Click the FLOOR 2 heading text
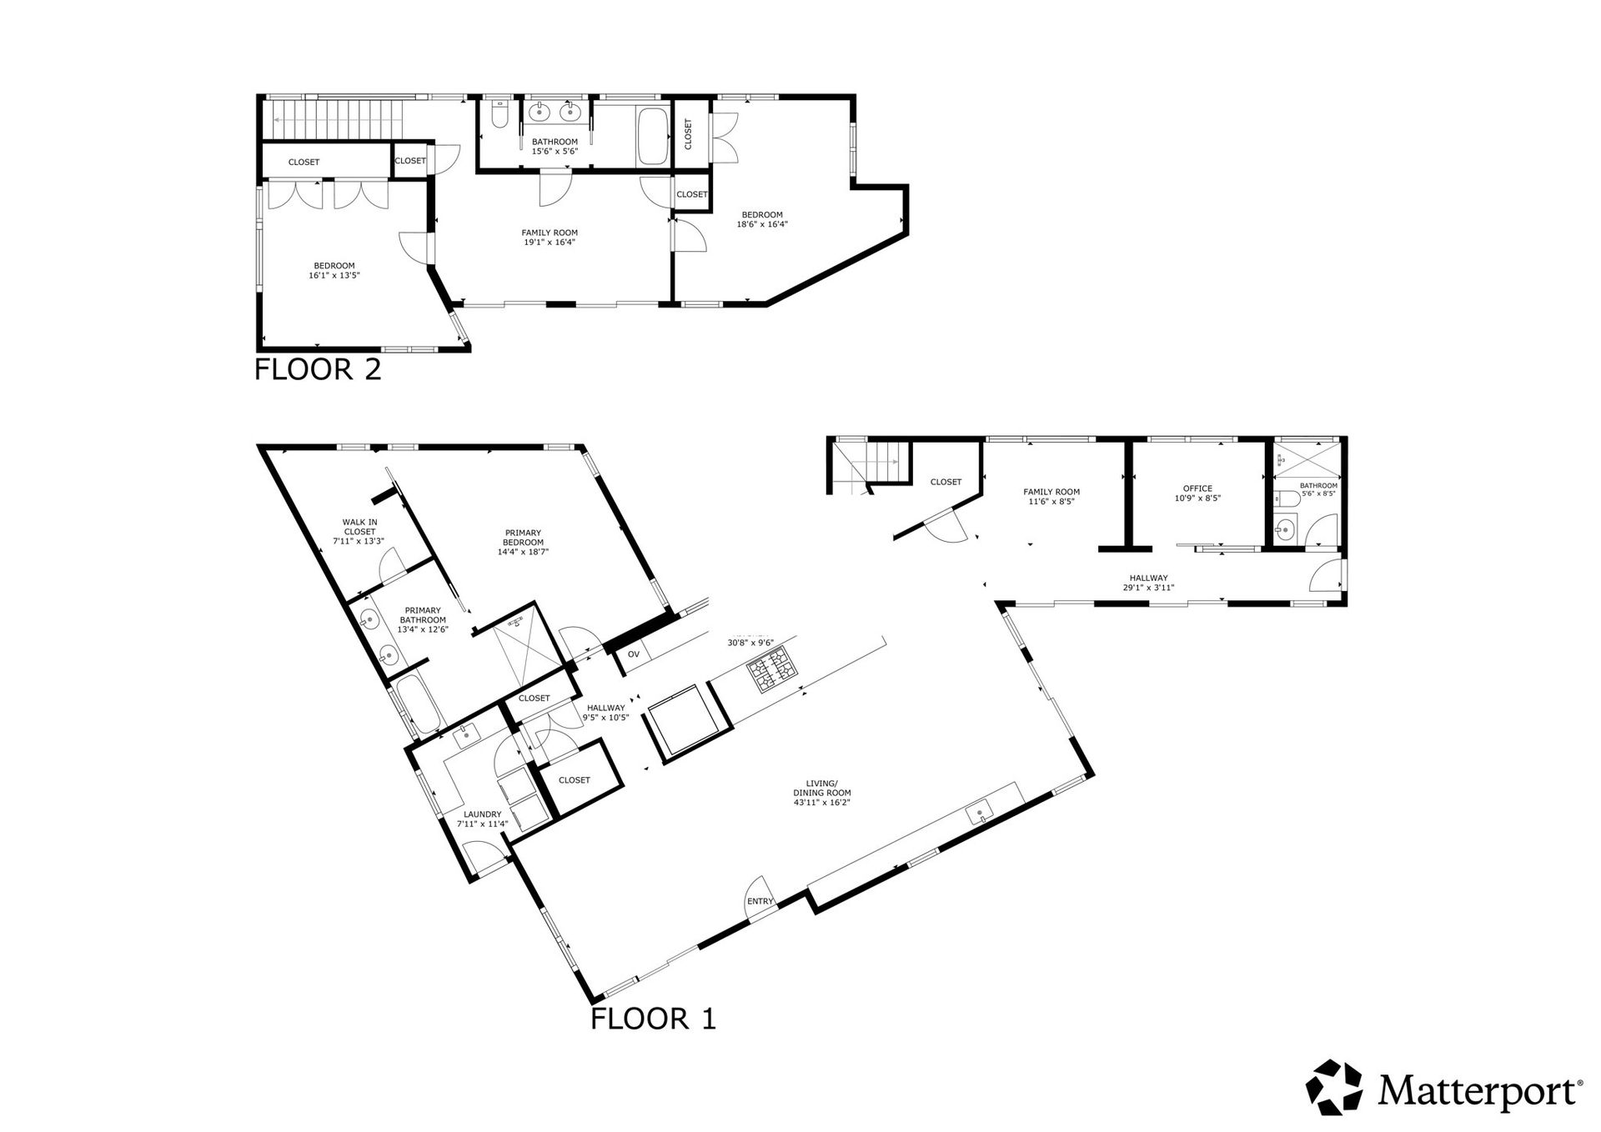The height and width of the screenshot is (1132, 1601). (x=318, y=368)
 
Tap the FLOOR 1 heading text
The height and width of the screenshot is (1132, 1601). (x=653, y=1018)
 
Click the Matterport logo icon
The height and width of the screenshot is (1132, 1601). (x=1335, y=1088)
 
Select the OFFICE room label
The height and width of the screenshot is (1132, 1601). (x=1197, y=488)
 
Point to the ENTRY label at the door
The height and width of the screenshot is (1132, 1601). (x=760, y=901)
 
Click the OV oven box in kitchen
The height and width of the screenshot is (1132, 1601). (x=634, y=654)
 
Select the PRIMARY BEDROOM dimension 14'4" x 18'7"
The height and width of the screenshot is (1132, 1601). (x=523, y=552)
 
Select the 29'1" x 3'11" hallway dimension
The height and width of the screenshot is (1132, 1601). (x=1148, y=588)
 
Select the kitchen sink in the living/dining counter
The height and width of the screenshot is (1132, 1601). (x=979, y=810)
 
